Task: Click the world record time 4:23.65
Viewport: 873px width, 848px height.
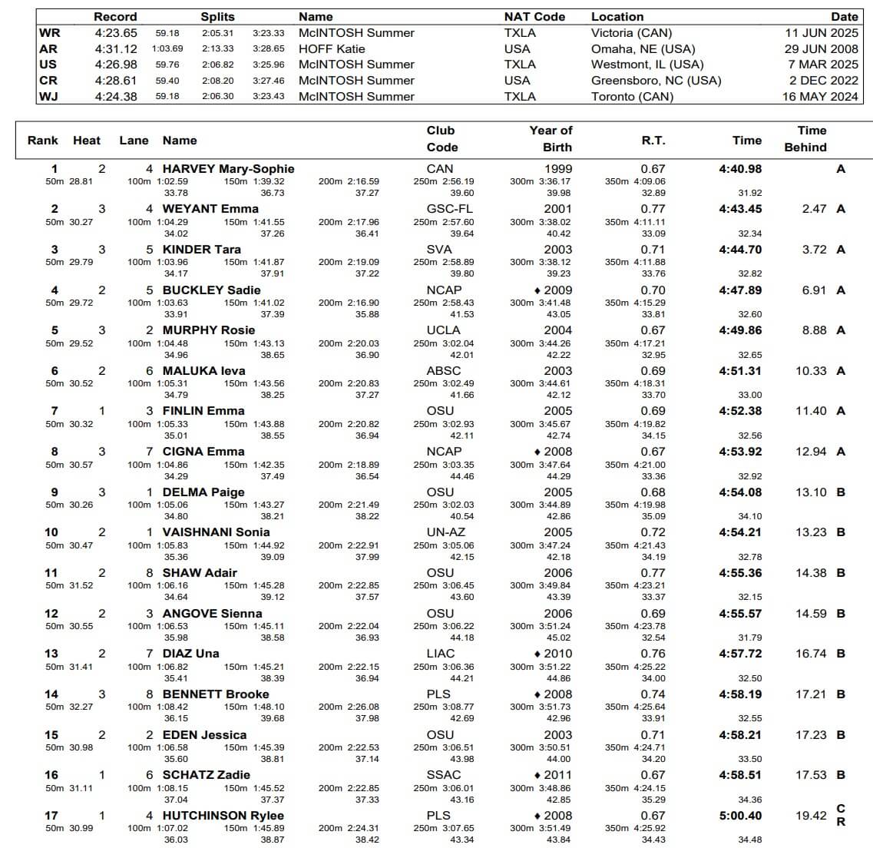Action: point(116,33)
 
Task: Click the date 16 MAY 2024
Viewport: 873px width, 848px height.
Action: point(820,97)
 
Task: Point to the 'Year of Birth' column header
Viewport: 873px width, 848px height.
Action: point(551,139)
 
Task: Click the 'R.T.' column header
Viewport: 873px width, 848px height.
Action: point(653,141)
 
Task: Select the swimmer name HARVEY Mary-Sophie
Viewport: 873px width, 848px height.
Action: point(228,169)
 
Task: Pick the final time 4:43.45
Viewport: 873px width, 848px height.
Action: point(740,209)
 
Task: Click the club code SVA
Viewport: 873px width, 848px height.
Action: point(440,250)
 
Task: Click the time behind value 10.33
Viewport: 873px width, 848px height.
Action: point(811,371)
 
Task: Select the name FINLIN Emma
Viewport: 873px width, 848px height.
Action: point(203,411)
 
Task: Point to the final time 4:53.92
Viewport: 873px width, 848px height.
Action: point(740,452)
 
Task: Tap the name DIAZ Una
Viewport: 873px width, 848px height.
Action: point(190,654)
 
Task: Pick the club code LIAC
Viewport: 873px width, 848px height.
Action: point(441,654)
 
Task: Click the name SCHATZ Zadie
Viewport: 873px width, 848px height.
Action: point(206,775)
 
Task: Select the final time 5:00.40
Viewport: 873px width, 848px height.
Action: point(740,816)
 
